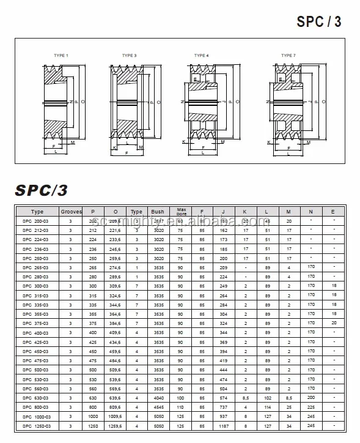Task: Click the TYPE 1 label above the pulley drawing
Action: coord(61,56)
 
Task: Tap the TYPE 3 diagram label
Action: coord(129,56)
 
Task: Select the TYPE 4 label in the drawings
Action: coord(202,56)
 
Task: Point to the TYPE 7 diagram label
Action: coord(288,56)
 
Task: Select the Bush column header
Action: coord(158,212)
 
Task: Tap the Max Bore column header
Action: coord(182,211)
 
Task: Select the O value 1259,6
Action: coord(115,426)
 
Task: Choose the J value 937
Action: coord(224,417)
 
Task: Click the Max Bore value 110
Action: coord(182,407)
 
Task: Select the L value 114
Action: coord(268,407)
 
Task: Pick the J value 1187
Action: coord(224,426)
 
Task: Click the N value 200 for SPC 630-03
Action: coord(310,398)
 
